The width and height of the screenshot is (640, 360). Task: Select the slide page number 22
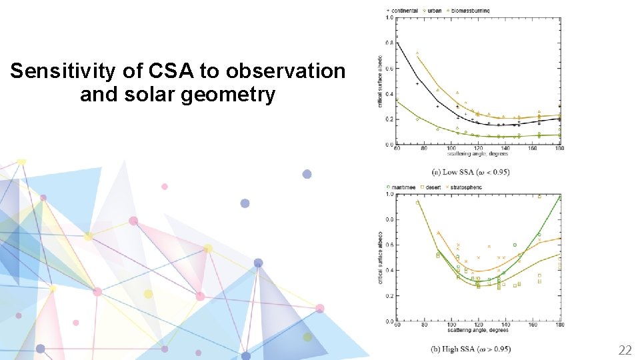point(625,350)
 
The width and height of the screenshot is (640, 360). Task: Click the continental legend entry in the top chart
point(403,11)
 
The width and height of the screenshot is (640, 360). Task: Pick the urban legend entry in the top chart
point(433,11)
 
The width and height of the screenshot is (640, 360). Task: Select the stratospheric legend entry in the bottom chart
point(465,187)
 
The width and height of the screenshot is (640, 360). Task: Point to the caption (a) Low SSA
point(471,171)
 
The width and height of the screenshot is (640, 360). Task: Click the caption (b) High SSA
point(471,349)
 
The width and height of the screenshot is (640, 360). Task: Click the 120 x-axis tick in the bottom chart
point(479,325)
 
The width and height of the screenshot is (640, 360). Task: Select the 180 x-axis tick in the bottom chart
point(559,325)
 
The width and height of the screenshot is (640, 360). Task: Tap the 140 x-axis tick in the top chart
point(505,148)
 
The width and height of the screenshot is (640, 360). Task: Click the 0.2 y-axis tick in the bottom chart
point(389,296)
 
